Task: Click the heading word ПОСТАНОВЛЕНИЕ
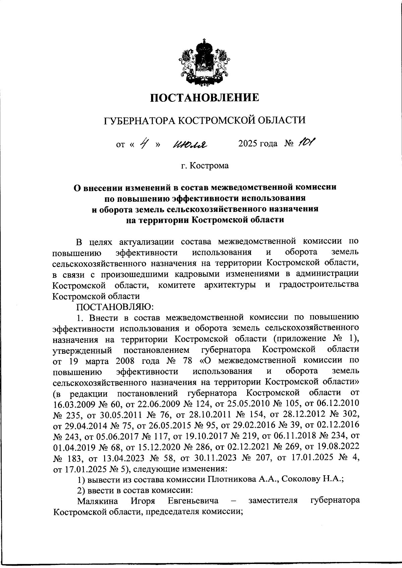pyautogui.click(x=204, y=98)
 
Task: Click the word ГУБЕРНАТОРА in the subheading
pyautogui.click(x=139, y=120)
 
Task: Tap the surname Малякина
pyautogui.click(x=97, y=501)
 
